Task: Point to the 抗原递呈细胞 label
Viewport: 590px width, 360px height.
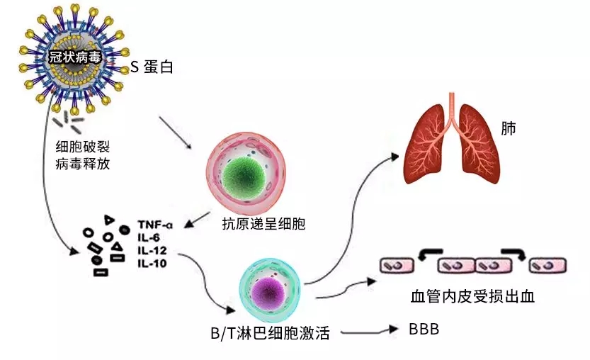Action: pos(263,225)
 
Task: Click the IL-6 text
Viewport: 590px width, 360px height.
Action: pos(148,238)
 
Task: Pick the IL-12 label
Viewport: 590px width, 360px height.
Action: pos(151,251)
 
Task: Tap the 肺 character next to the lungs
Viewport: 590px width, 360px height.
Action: pos(507,129)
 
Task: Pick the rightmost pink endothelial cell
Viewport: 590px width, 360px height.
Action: pos(549,266)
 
